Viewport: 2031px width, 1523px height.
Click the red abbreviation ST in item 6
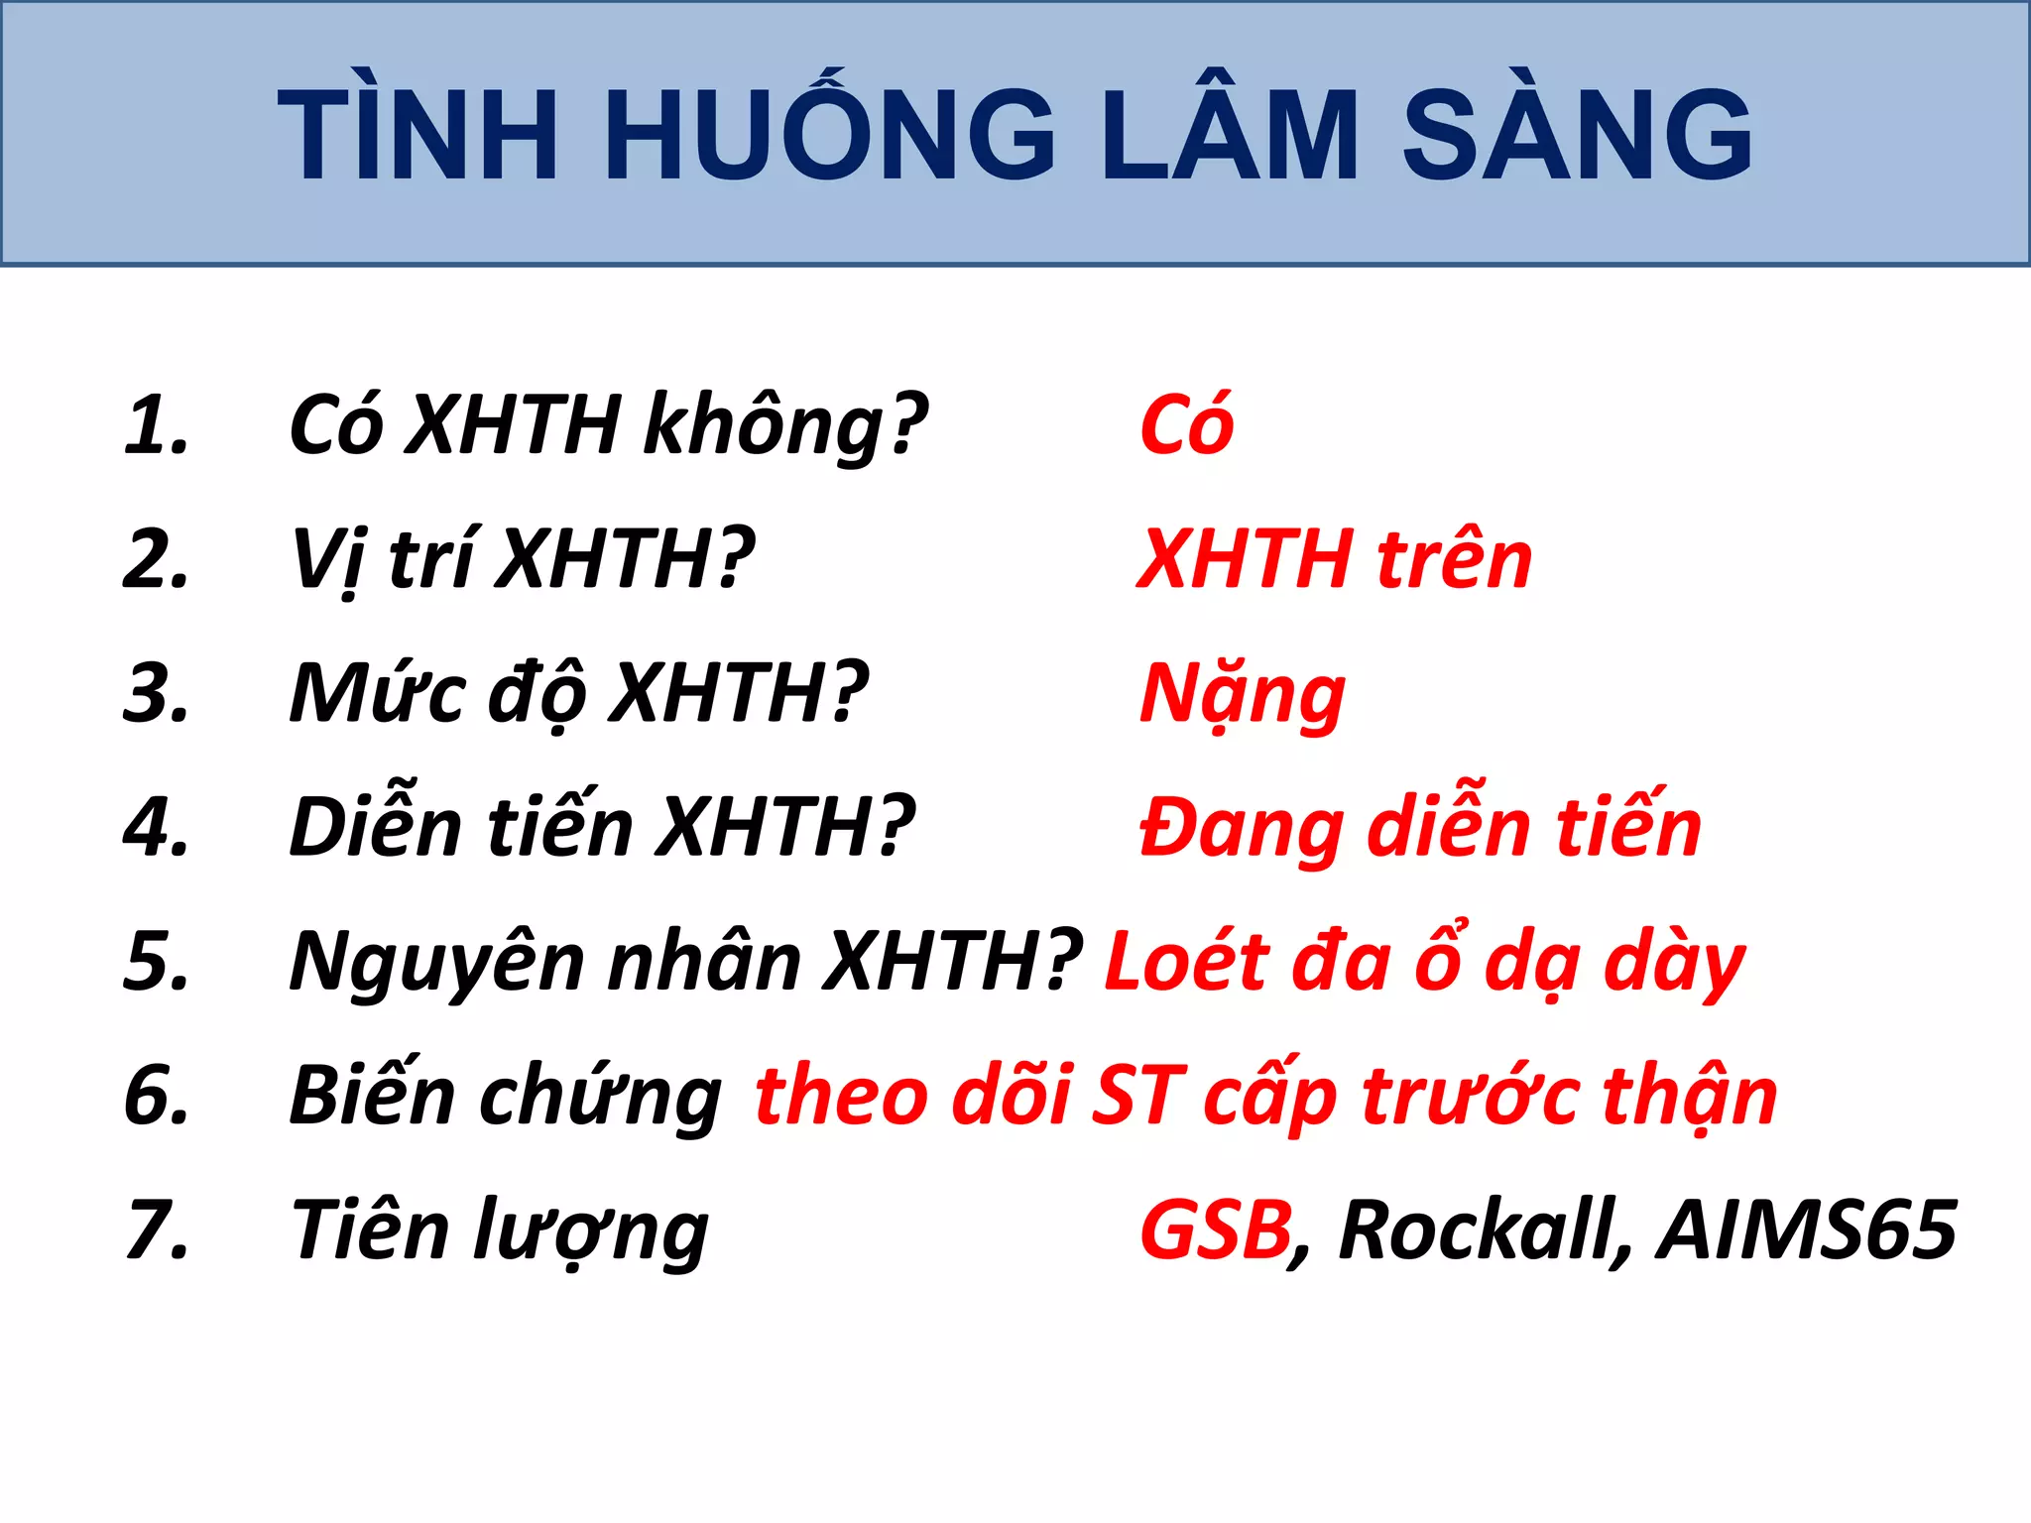click(1137, 1097)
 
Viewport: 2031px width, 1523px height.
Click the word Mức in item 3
click(377, 694)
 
